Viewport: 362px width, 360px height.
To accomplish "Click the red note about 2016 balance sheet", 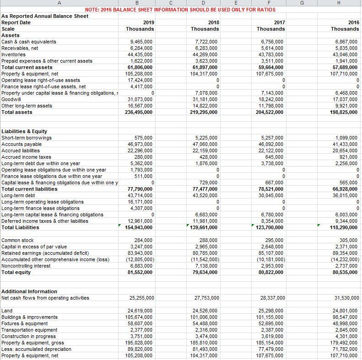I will (x=180, y=10).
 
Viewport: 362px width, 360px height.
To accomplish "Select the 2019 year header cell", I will (x=148, y=22).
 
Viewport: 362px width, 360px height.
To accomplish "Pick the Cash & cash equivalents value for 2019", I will (x=141, y=42).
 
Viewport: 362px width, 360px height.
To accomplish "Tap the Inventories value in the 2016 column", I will (x=346, y=54).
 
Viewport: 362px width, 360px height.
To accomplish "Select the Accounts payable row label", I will (x=21, y=144).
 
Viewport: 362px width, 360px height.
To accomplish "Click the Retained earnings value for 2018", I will (x=205, y=253).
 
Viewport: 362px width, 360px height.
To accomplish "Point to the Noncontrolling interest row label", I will (x=26, y=266).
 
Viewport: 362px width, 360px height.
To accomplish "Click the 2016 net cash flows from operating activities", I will (x=346, y=298).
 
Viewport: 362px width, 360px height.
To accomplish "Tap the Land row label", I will (x=7, y=311).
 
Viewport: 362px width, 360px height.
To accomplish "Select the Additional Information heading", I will (x=30, y=291).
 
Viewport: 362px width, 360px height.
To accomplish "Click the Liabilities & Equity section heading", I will (x=24, y=131).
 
